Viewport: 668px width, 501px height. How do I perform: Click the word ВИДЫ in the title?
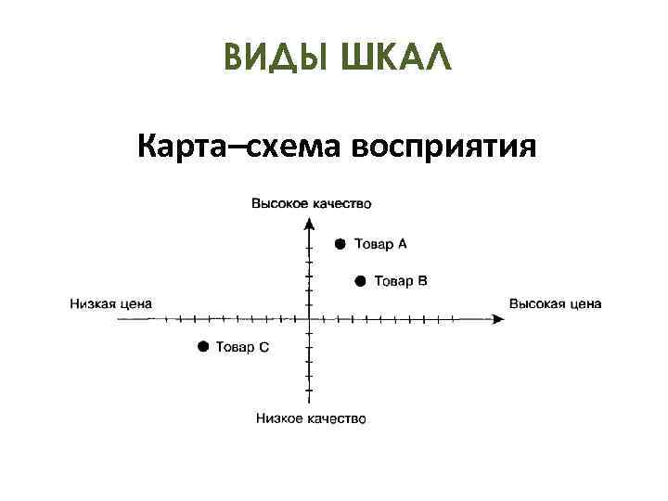click(x=276, y=58)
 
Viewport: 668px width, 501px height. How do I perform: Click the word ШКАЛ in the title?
click(x=395, y=58)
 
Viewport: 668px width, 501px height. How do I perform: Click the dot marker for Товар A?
click(x=340, y=244)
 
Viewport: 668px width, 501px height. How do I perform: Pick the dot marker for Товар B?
click(x=360, y=281)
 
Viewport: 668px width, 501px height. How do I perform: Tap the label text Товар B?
click(x=401, y=281)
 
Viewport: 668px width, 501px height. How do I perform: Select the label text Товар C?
click(x=243, y=347)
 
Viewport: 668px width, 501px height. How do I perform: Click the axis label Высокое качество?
click(x=312, y=203)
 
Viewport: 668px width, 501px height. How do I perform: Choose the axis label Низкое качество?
click(x=311, y=418)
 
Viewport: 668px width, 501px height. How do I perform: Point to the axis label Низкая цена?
click(x=111, y=303)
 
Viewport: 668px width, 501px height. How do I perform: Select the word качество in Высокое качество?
click(x=342, y=203)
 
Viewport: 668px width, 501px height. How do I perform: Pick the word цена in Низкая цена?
click(x=135, y=303)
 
